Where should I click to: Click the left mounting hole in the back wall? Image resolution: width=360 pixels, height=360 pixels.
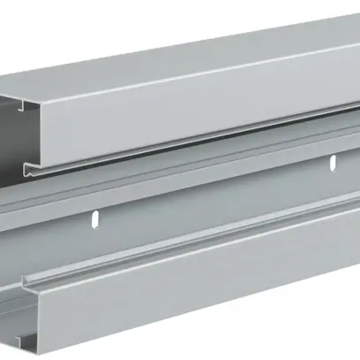pos(98,217)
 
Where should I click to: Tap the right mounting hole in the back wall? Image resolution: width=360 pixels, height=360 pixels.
pos(333,162)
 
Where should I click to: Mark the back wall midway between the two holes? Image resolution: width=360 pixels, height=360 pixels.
pos(216,189)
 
